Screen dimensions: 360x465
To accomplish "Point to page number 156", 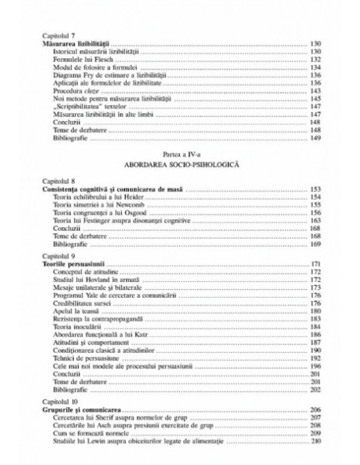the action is click(x=315, y=213).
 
